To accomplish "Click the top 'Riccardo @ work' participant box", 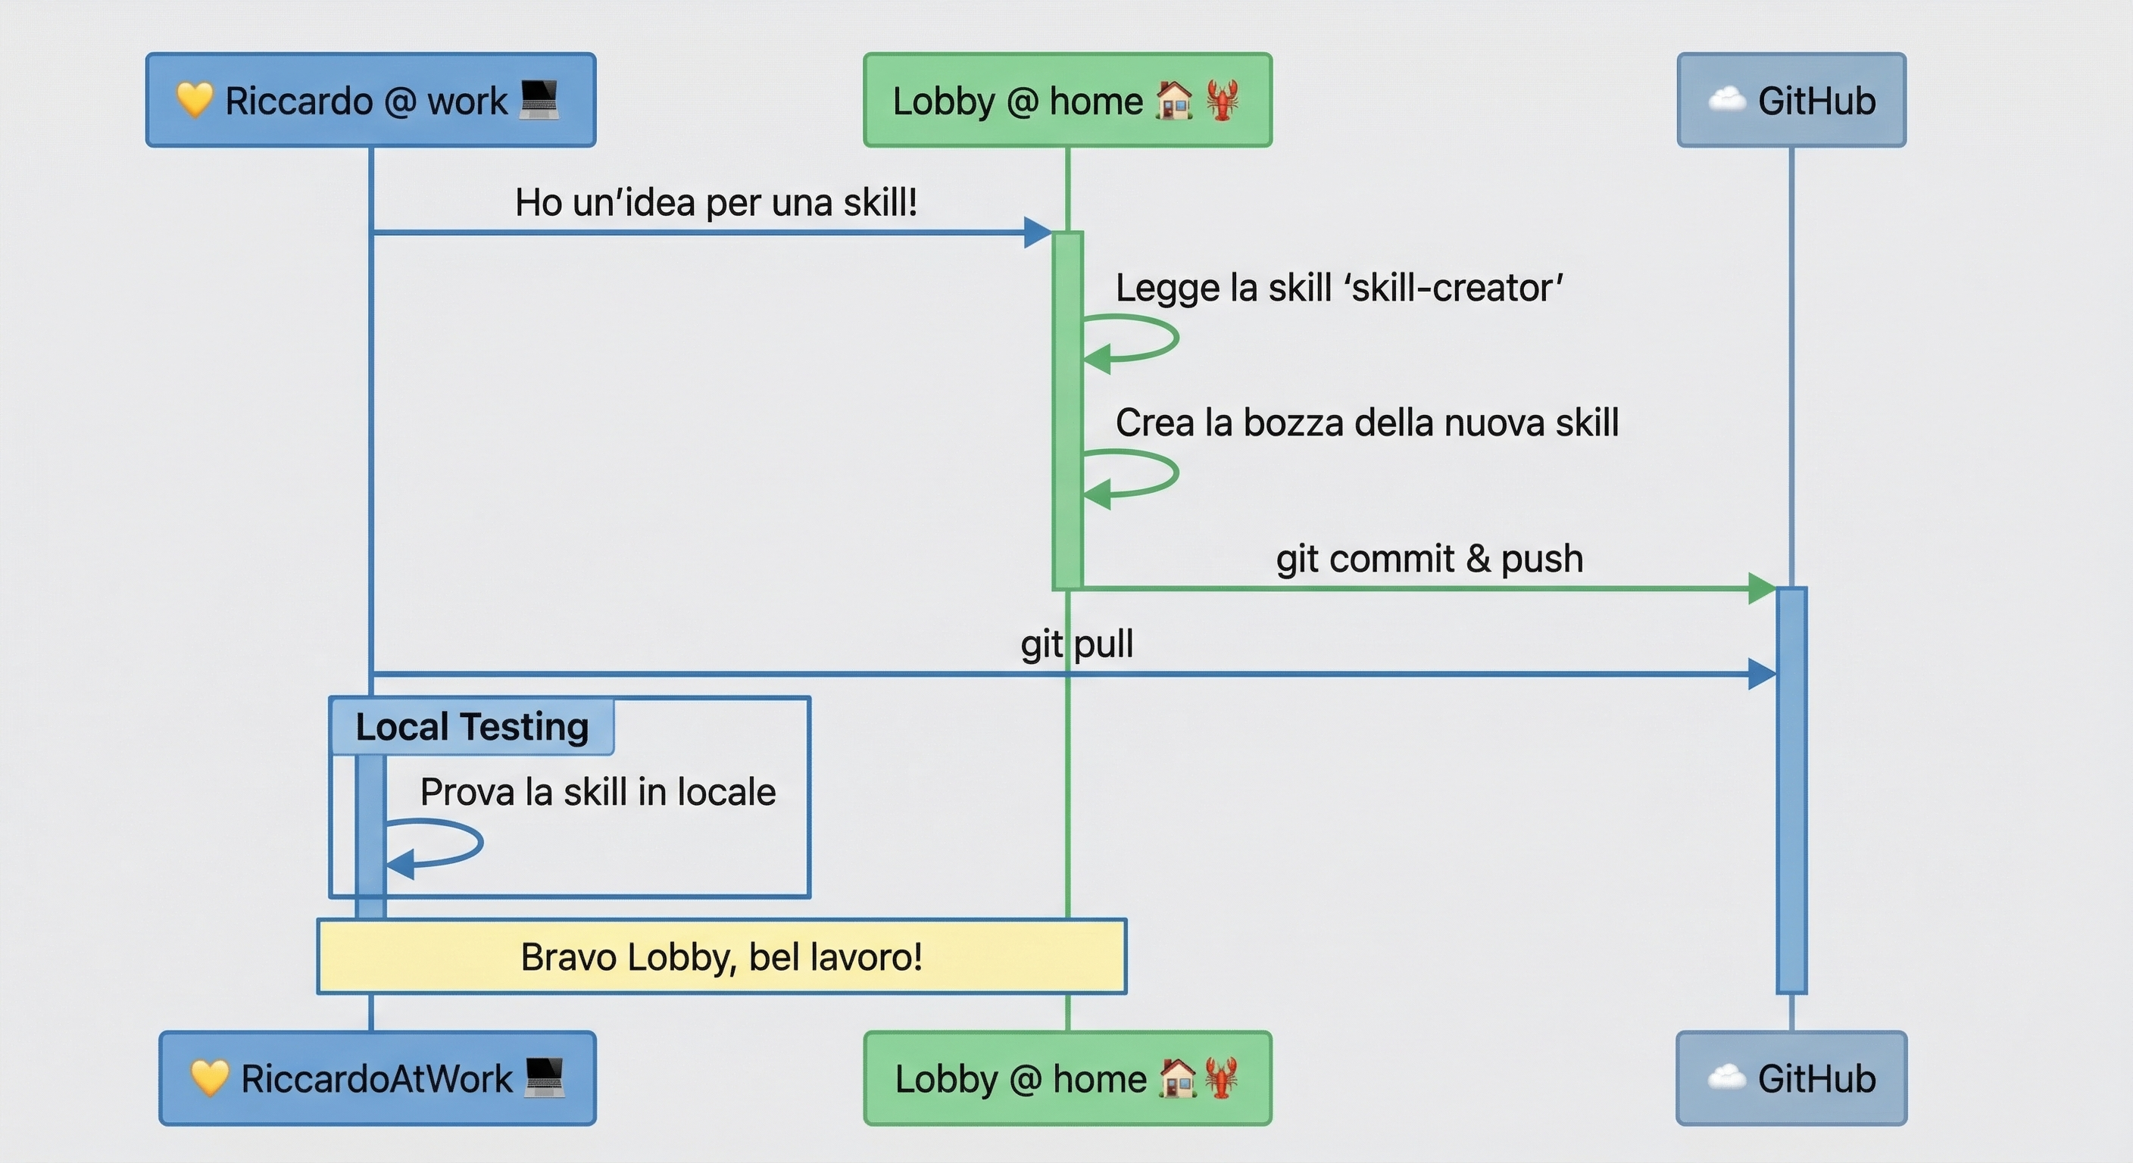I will coord(370,100).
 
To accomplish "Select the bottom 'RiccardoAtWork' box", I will coord(377,1077).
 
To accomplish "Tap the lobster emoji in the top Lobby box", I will coord(1223,100).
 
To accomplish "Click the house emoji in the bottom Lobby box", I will coord(1176,1077).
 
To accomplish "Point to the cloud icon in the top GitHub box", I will coord(1725,100).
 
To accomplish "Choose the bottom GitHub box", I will coord(1792,1077).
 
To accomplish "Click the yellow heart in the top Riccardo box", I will coord(195,100).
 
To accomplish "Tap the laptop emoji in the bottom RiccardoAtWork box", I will coord(544,1077).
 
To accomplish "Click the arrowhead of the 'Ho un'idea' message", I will coord(1037,232).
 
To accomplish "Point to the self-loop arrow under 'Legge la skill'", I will coord(1143,338).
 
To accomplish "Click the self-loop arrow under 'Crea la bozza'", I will coord(1143,474).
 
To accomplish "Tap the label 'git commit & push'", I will coord(1429,559).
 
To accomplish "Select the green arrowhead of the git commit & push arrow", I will coord(1761,588).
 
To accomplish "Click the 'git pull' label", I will coord(1076,644).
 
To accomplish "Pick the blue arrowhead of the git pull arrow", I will coord(1761,674).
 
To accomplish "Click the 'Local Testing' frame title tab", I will coord(472,727).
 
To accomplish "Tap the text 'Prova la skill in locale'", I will coord(598,792).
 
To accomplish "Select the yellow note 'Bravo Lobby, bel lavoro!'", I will coord(721,957).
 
